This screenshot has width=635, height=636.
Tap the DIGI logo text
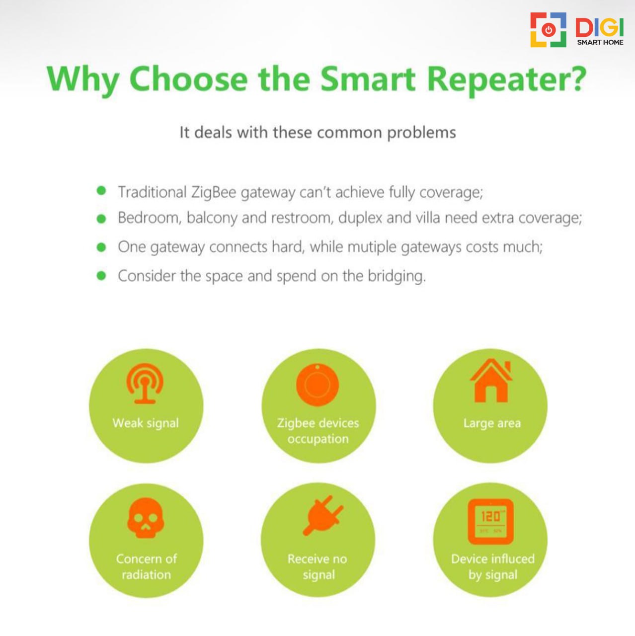coord(599,27)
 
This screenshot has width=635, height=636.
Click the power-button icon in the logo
coord(549,30)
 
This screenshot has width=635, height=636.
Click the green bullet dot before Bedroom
coord(101,219)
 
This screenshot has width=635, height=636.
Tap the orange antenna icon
coord(145,383)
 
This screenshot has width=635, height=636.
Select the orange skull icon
coord(146,518)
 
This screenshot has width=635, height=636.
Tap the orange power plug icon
coord(323,516)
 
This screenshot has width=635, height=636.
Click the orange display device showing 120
coord(491,522)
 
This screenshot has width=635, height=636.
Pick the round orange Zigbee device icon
coord(317,385)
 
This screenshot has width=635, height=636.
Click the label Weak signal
coord(146,423)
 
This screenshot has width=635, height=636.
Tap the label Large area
coord(492,423)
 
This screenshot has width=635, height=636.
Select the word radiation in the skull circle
coord(146,575)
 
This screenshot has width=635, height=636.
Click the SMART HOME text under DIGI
coord(600,42)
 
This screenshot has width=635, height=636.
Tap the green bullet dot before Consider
coord(101,276)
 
